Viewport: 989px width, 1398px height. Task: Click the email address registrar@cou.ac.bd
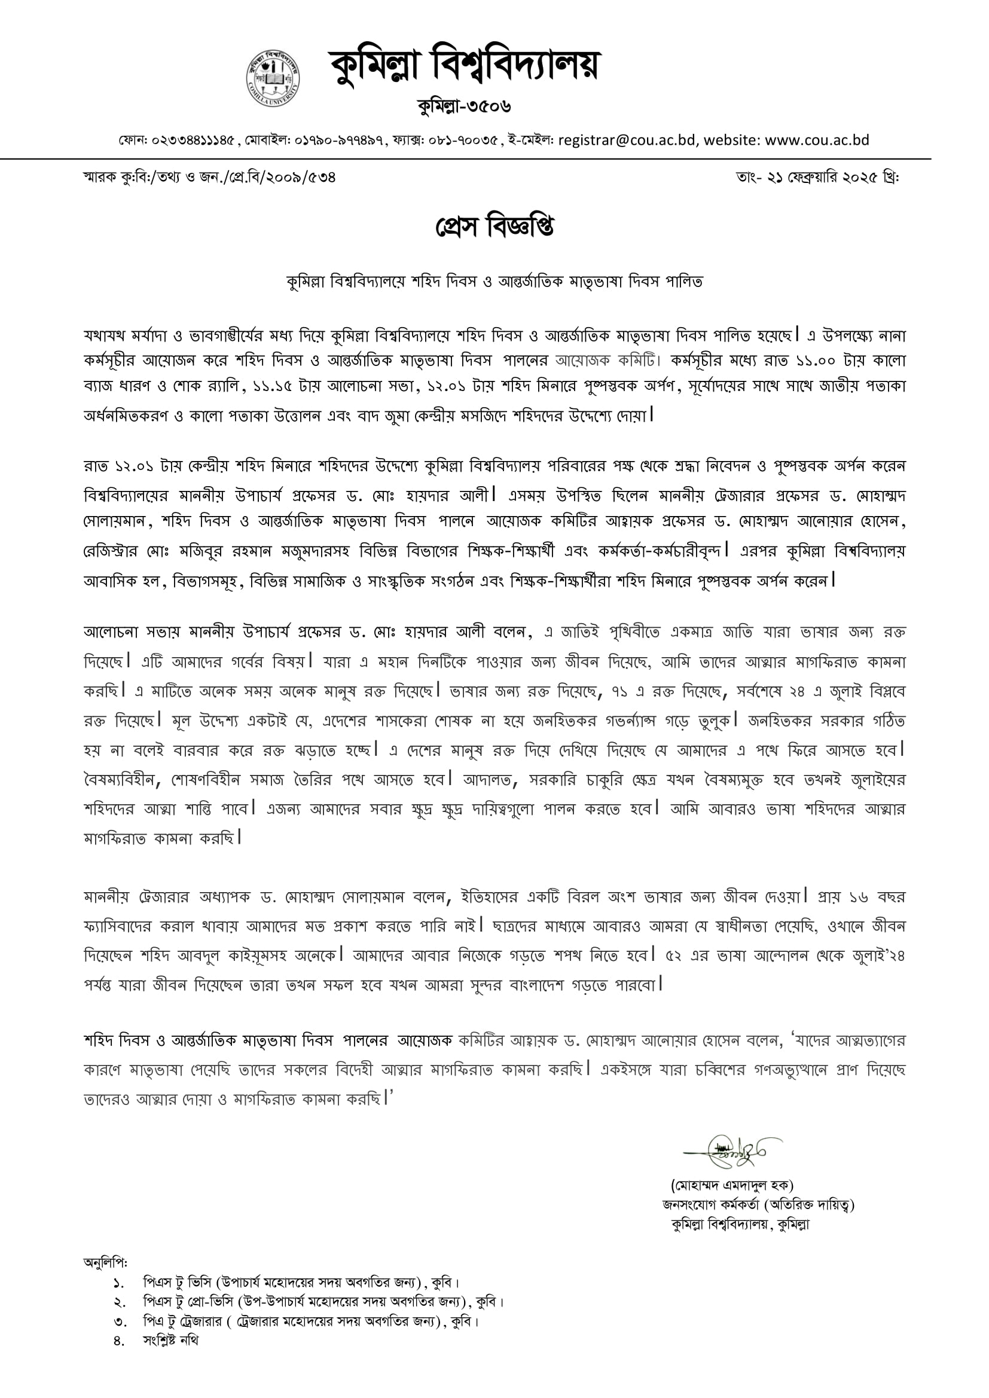[627, 141]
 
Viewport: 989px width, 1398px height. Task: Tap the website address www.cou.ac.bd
[817, 141]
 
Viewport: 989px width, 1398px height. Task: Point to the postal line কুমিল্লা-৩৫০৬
[464, 107]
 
